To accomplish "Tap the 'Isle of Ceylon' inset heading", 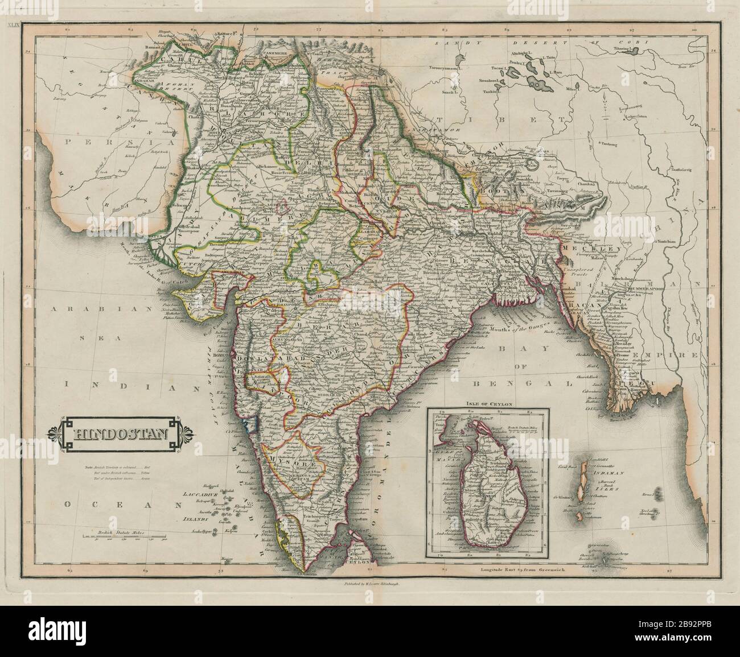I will click(489, 404).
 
